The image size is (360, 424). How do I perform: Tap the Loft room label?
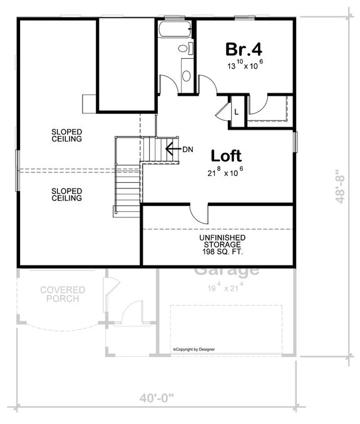[x=226, y=155]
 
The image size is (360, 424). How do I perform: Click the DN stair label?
[x=188, y=149]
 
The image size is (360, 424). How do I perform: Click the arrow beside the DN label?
[x=172, y=149]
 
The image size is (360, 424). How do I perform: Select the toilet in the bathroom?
[x=183, y=48]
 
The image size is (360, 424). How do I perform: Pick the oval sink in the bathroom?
[x=187, y=76]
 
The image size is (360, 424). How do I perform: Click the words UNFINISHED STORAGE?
[x=222, y=243]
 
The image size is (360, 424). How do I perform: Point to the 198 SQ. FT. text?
[x=222, y=252]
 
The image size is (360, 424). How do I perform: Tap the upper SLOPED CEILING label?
[x=67, y=135]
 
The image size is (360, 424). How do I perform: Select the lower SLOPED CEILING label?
[x=67, y=194]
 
